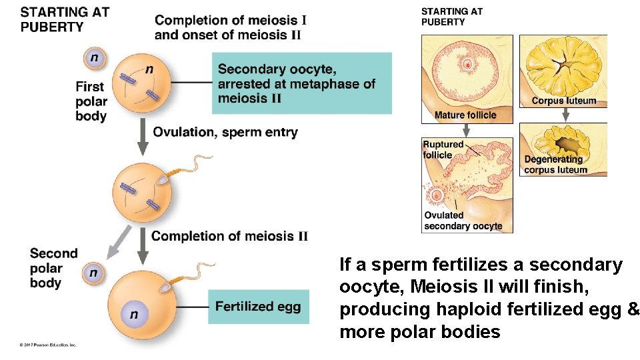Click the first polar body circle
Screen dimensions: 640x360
click(x=94, y=59)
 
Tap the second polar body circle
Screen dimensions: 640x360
click(x=93, y=273)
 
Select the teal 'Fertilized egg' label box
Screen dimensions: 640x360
click(x=258, y=307)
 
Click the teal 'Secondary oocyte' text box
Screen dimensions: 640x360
click(x=302, y=83)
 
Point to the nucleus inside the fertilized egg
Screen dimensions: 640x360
click(x=134, y=314)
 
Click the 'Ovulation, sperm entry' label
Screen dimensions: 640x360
click(x=225, y=132)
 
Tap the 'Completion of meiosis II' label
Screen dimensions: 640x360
click(x=229, y=236)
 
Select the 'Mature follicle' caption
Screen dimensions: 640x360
click(x=465, y=115)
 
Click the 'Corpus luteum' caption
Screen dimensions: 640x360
click(x=563, y=101)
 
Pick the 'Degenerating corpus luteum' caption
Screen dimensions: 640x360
click(x=555, y=165)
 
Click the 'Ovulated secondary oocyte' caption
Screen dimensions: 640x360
click(x=463, y=221)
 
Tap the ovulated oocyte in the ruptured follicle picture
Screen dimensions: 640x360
click(x=437, y=196)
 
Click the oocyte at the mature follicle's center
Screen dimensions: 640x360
click(x=468, y=65)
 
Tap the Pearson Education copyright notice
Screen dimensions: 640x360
click(x=48, y=345)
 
